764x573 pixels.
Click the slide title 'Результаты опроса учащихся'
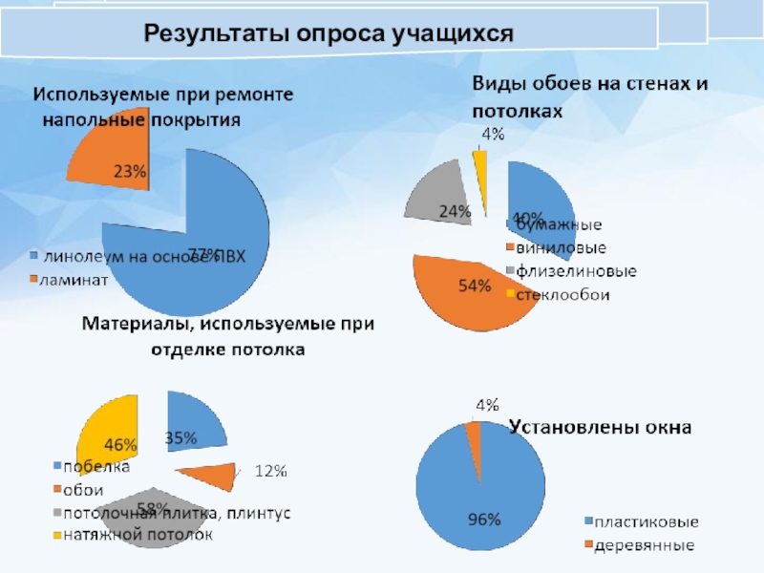pyautogui.click(x=329, y=34)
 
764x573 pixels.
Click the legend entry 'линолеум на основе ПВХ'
pyautogui.click(x=143, y=256)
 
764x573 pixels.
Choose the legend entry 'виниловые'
pyautogui.click(x=559, y=248)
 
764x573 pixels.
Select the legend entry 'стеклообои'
pyautogui.click(x=562, y=294)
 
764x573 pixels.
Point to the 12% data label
pyautogui.click(x=270, y=470)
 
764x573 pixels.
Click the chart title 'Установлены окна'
pyautogui.click(x=599, y=427)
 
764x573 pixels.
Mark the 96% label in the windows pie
pyautogui.click(x=482, y=520)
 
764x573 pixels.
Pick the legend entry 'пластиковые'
pyautogui.click(x=647, y=522)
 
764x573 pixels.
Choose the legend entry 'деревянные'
pyautogui.click(x=645, y=546)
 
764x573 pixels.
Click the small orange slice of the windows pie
pyautogui.click(x=473, y=432)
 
